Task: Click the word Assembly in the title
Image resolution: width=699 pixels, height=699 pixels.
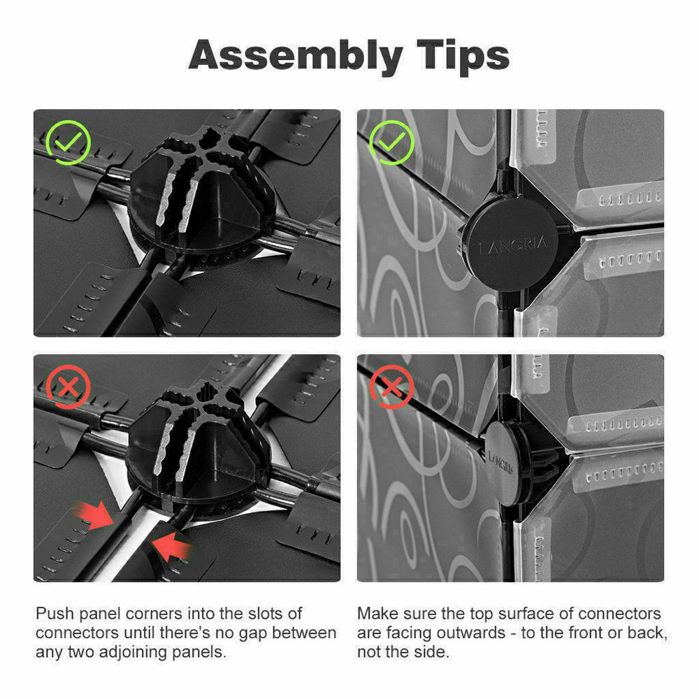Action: (296, 57)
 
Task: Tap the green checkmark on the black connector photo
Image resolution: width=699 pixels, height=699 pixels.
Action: (69, 142)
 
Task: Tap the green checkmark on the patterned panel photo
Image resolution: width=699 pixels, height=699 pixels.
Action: (392, 142)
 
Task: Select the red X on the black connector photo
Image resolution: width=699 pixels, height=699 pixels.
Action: (69, 387)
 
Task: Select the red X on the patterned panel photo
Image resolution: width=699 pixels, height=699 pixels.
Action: (392, 387)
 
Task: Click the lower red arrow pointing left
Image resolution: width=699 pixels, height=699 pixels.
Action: (173, 547)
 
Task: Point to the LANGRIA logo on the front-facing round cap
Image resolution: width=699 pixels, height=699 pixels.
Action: (512, 245)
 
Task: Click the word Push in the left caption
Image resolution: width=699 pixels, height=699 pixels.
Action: (55, 614)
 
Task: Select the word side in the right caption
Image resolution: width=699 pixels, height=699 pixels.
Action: (431, 652)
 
